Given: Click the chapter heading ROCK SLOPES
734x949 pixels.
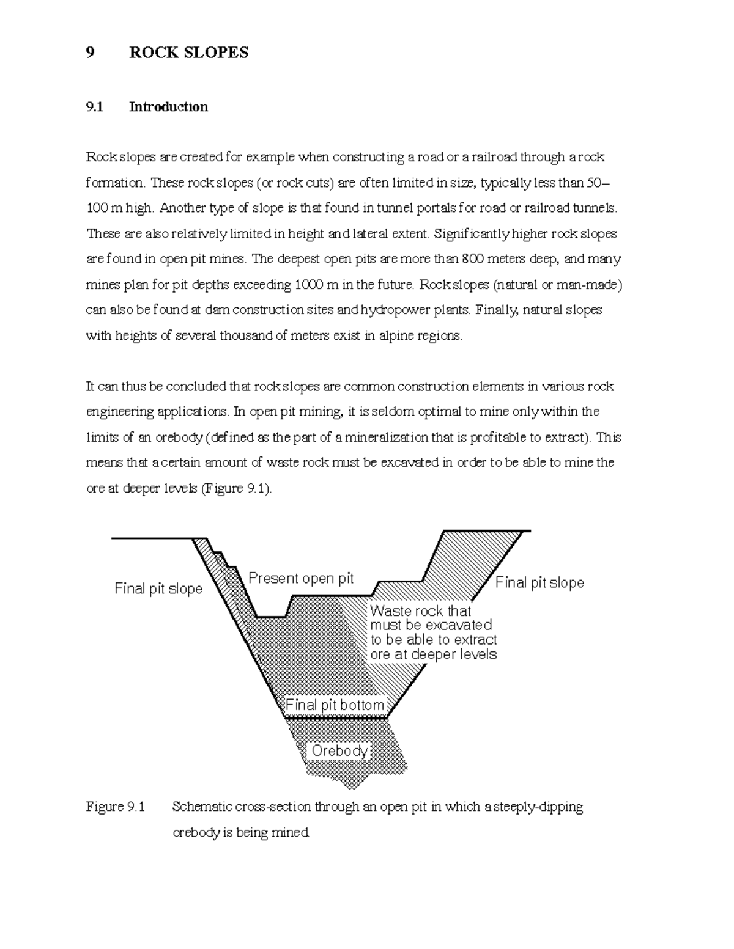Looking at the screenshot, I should pos(188,53).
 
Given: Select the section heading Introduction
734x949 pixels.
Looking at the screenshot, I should pos(168,107).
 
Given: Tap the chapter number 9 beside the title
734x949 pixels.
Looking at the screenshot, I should pos(91,53).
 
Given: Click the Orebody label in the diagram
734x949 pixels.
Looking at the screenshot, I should pos(339,750).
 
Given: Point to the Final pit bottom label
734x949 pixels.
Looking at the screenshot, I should pos(335,705).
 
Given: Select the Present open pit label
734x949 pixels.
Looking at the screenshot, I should pos(301,578).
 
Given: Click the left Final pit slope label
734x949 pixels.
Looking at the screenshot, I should pos(158,588).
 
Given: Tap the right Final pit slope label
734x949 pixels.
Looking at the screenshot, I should pos(539,582).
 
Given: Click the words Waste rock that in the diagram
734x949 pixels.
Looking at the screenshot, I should pos(420,610).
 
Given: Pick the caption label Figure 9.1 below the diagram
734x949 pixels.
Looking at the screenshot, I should pos(116,807).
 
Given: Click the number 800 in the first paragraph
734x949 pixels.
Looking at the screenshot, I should pos(473,259).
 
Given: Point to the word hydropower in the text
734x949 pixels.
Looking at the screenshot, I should pos(395,310).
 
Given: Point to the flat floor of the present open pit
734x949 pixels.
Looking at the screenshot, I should pos(271,617).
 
